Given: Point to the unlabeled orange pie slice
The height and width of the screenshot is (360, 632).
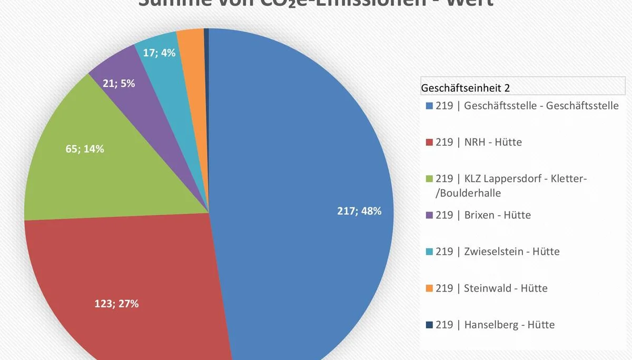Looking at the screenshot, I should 192,47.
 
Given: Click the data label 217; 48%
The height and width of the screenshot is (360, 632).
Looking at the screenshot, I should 359,211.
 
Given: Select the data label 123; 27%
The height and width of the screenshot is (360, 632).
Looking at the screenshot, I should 116,304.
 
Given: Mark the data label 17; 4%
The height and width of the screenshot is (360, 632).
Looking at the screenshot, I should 159,53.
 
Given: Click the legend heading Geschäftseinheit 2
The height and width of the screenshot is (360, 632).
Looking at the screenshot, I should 466,87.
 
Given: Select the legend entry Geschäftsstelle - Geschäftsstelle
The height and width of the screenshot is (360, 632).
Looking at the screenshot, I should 527,106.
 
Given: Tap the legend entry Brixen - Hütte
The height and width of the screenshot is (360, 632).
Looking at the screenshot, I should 483,215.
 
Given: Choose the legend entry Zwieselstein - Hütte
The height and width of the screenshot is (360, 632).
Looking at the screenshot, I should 497,252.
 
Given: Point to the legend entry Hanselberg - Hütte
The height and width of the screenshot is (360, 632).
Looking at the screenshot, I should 495,325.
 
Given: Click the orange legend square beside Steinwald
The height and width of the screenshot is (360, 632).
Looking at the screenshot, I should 429,288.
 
